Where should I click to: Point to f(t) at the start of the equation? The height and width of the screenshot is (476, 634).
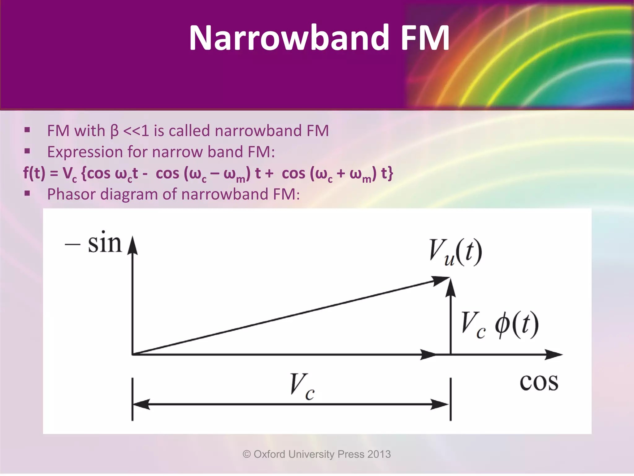(34, 173)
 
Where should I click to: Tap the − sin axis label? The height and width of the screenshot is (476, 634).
(94, 244)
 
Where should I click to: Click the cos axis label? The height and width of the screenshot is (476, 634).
(539, 382)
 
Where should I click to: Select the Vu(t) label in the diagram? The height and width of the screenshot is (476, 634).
(455, 253)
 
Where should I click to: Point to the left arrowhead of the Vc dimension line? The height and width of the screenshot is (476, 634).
(141, 404)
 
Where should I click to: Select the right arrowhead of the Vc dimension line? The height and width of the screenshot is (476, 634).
(440, 404)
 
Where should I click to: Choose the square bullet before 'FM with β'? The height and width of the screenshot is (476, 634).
(27, 130)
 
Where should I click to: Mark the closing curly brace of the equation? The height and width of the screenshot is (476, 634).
(390, 174)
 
